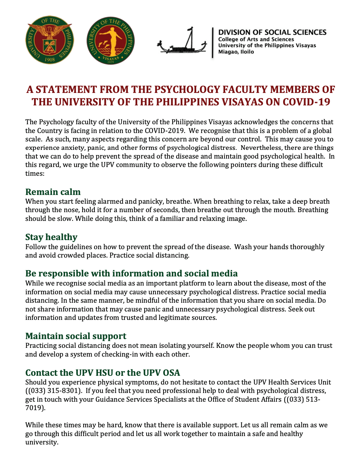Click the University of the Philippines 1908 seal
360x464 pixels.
click(50, 40)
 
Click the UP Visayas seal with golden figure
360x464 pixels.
click(111, 41)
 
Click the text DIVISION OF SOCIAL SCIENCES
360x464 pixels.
click(272, 32)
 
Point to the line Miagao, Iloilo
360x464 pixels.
click(236, 52)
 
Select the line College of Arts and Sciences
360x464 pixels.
click(256, 39)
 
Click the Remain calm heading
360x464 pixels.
click(53, 192)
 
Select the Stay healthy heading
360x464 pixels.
click(51, 237)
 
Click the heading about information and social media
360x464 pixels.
click(131, 273)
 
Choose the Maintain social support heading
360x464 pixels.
click(76, 336)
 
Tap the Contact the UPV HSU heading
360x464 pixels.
click(102, 373)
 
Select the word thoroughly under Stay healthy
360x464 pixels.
click(307, 247)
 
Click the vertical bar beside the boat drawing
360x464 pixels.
click(213, 43)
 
